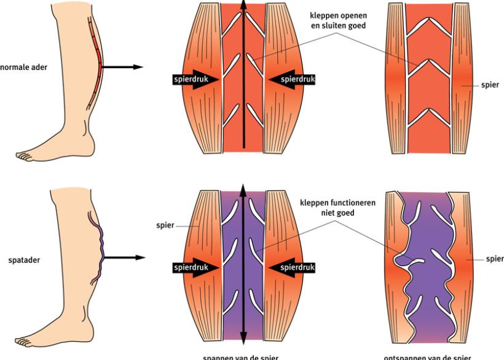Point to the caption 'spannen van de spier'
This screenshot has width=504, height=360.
click(x=243, y=356)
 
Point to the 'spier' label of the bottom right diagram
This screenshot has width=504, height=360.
click(x=494, y=259)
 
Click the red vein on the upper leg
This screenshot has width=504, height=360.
click(x=93, y=61)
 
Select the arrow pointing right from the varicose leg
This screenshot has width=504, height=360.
click(x=124, y=258)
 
